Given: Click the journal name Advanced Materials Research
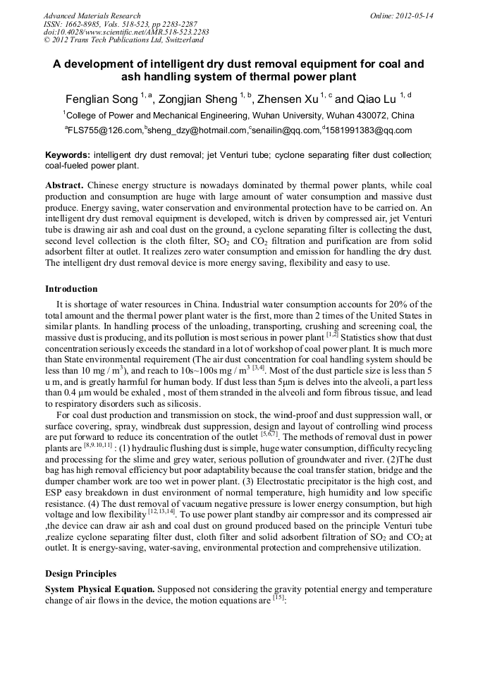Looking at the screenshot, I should tap(92, 16).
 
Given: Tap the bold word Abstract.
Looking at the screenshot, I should tap(65, 185).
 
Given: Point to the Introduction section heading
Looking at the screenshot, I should tap(71, 289).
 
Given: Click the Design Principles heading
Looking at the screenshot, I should tap(80, 574).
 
